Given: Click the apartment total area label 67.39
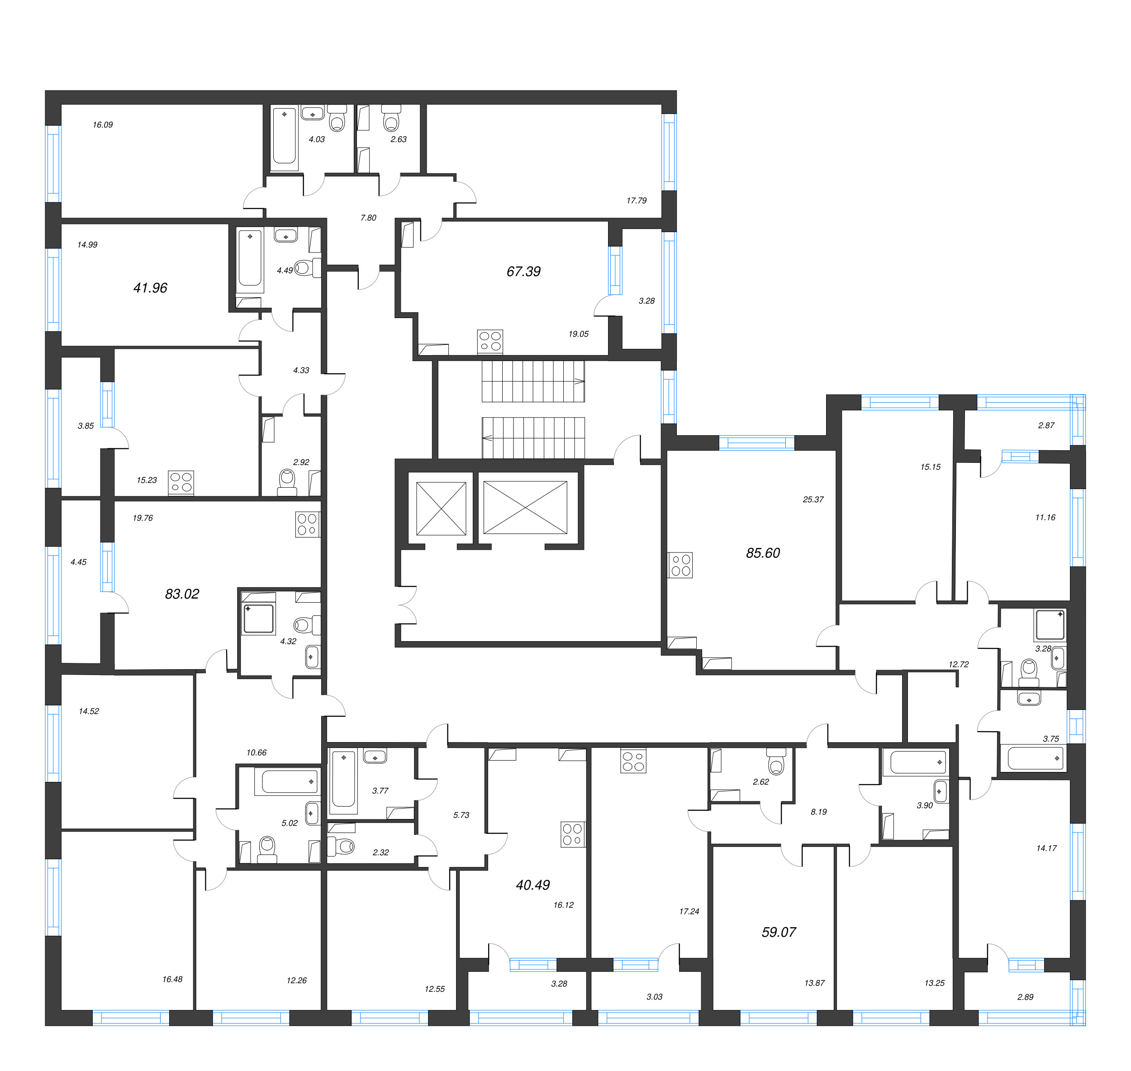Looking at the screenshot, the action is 523,272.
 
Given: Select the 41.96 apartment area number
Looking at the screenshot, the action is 150,288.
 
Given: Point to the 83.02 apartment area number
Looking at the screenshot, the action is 182,594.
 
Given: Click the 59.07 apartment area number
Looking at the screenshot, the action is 779,932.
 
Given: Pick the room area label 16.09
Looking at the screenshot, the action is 103,124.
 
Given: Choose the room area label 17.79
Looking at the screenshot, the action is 637,200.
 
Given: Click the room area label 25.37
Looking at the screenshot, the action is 813,500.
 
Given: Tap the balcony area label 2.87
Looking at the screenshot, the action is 1046,425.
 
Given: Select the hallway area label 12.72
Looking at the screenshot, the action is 959,665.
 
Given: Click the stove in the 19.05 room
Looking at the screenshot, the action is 490,342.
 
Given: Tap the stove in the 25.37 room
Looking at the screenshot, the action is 680,565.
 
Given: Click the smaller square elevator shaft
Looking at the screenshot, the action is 442,509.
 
